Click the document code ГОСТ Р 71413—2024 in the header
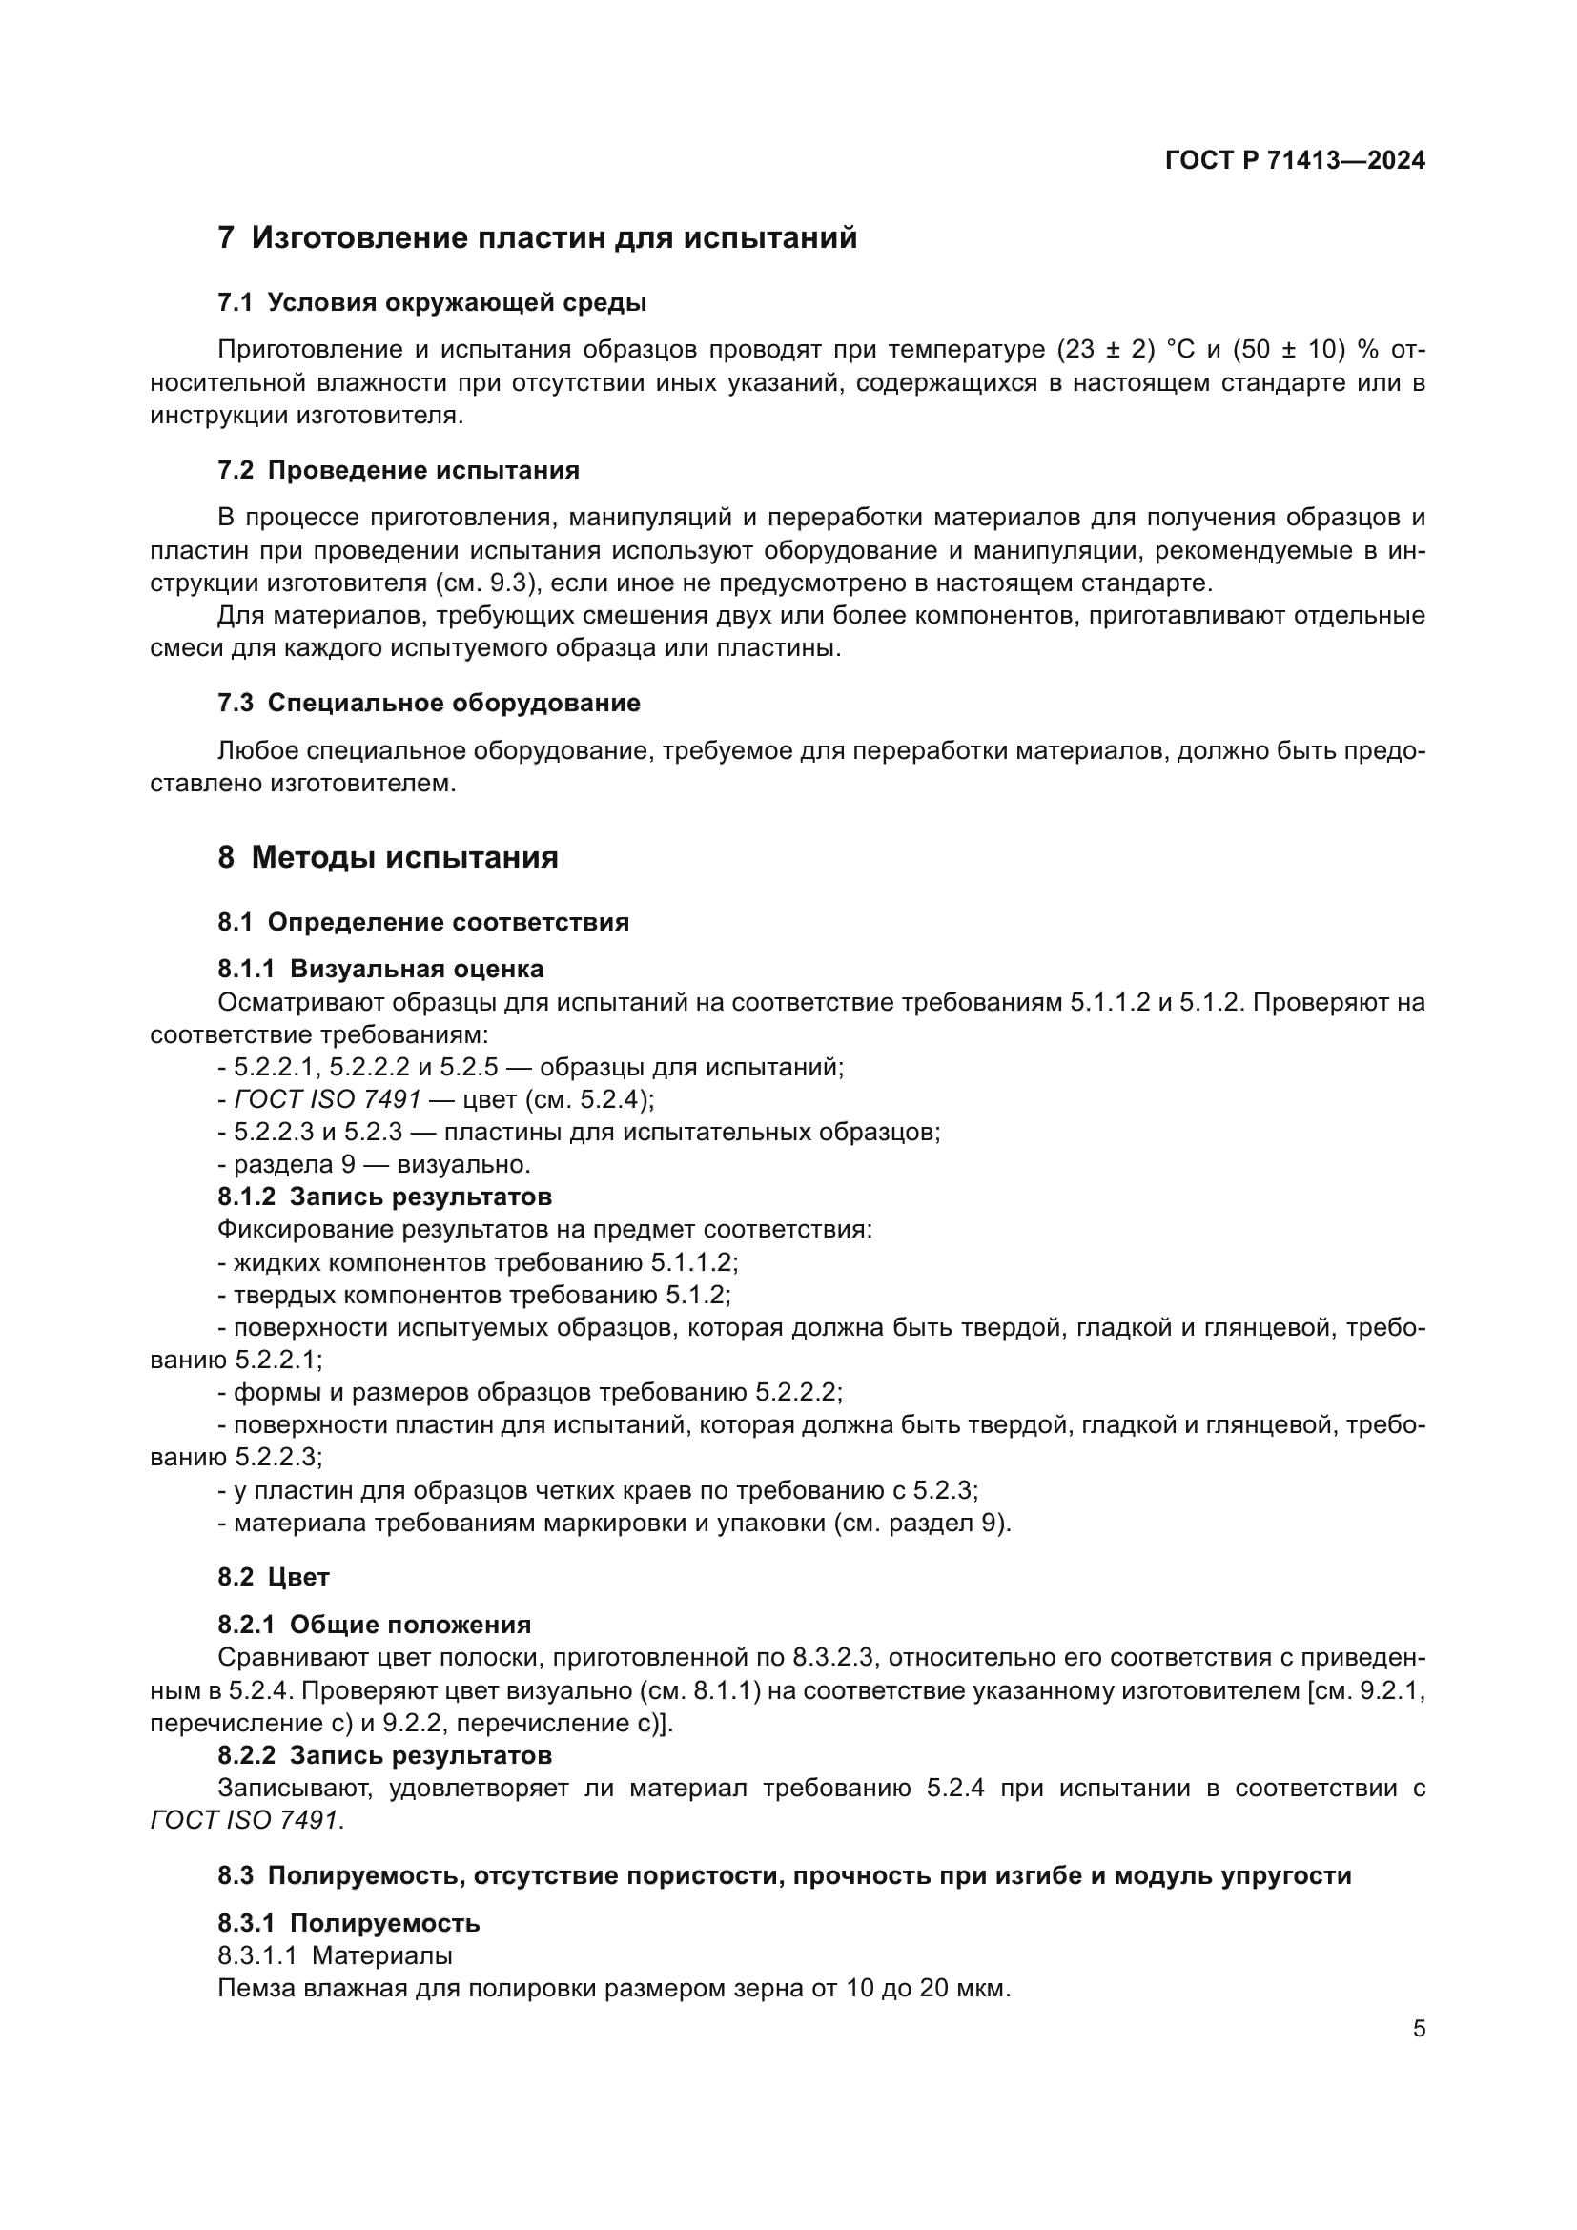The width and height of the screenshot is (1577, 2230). coord(1295,161)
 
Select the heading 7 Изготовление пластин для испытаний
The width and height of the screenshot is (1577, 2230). coord(537,238)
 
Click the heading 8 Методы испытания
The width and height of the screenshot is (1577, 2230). coord(387,858)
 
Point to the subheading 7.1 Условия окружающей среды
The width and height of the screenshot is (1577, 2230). coord(431,303)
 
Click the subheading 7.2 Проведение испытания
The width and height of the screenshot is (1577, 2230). coord(399,471)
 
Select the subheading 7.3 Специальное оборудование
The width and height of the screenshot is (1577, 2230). coord(428,704)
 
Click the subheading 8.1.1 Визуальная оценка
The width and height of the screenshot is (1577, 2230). coord(379,969)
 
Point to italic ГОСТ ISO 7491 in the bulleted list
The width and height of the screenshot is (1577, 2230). coord(327,1099)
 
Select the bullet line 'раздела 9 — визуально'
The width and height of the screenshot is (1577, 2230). coord(374,1164)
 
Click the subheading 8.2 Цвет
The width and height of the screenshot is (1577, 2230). coord(273,1577)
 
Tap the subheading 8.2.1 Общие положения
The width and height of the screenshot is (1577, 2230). coord(374,1625)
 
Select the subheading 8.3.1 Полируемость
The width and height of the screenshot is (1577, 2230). coord(349,1923)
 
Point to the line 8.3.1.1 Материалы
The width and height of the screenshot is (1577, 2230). coord(335,1955)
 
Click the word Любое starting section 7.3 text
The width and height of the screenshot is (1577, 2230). coord(258,750)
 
